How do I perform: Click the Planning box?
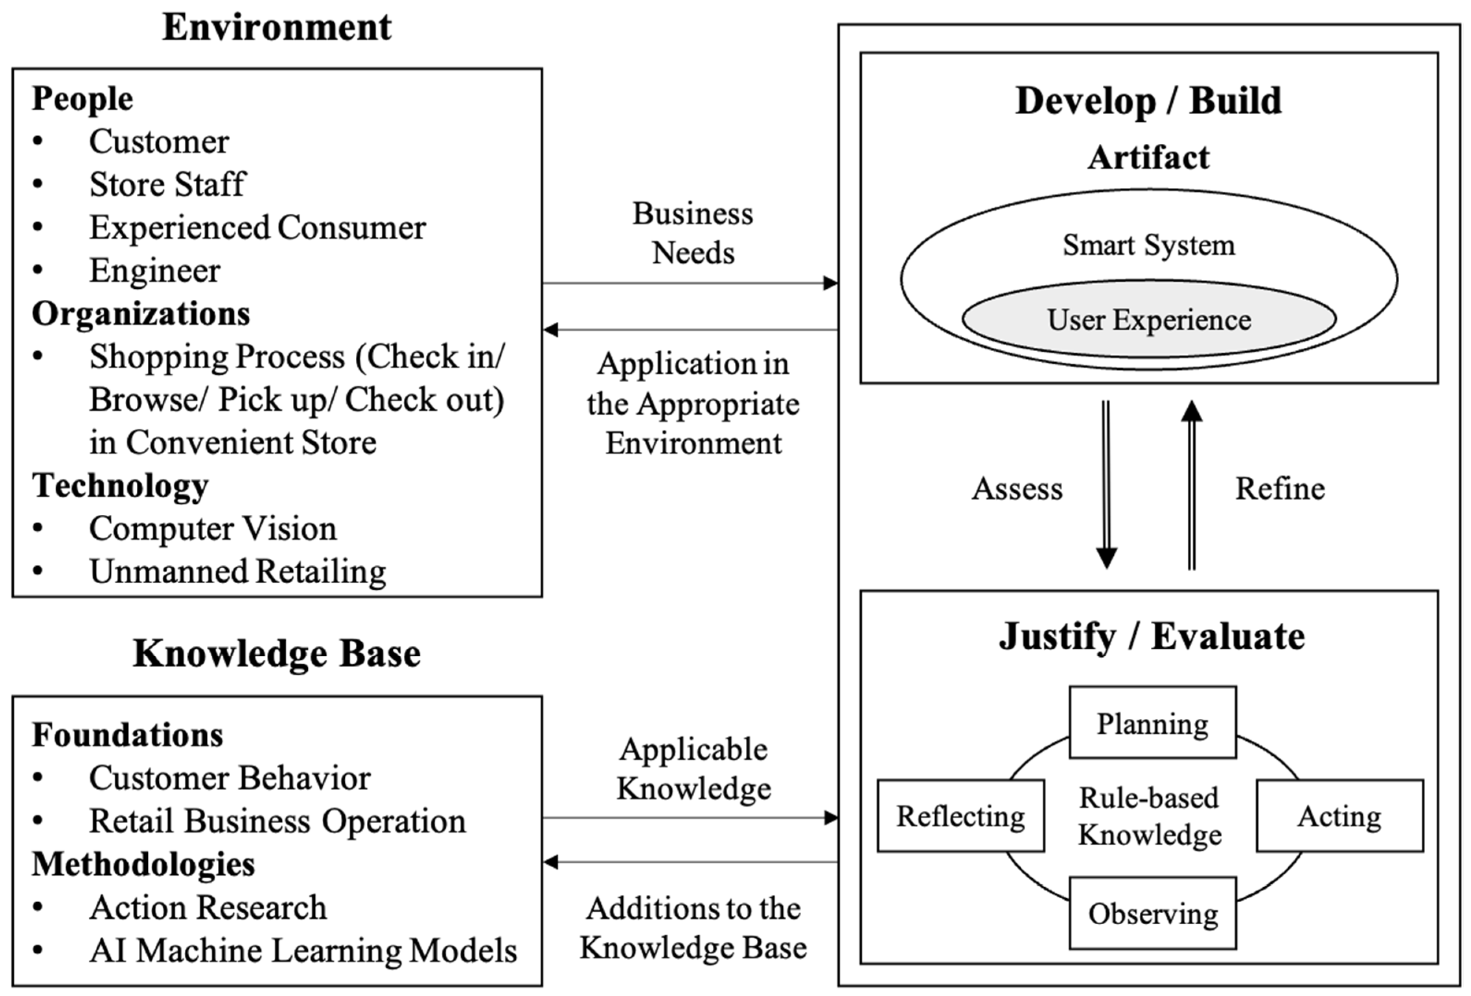click(x=1152, y=723)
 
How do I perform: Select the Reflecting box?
click(x=960, y=816)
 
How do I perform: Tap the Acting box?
click(x=1339, y=816)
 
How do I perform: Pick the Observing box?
click(x=1152, y=913)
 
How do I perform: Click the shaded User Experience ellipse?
click(x=1149, y=319)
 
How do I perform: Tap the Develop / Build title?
click(x=1148, y=100)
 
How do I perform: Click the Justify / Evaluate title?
click(x=1152, y=636)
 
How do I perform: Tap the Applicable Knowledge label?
click(x=693, y=768)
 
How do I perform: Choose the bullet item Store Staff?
click(x=167, y=184)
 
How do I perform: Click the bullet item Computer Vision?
click(x=213, y=529)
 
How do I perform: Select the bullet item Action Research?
click(x=208, y=907)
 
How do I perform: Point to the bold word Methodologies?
click(x=143, y=864)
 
